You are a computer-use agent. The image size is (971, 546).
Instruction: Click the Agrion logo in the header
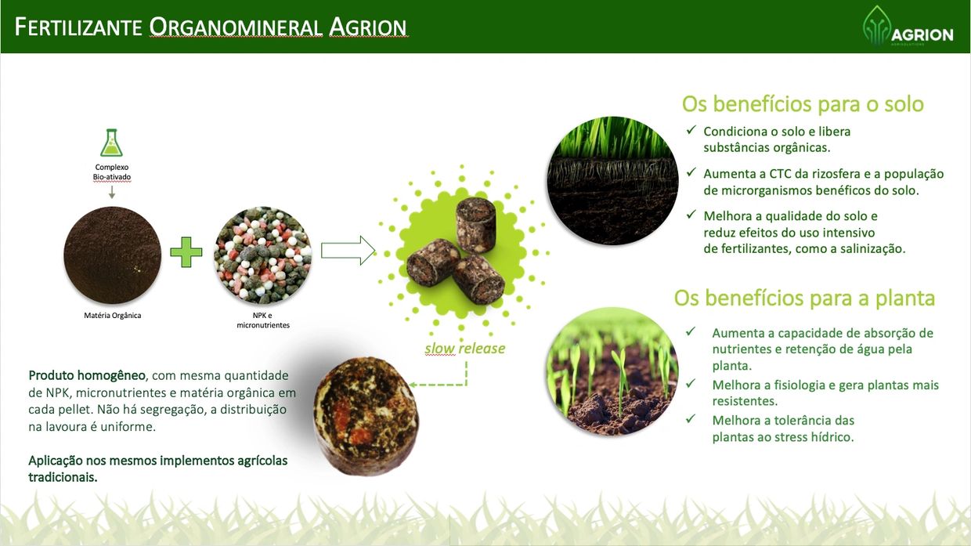(908, 26)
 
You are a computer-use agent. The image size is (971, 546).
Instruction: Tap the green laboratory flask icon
(111, 143)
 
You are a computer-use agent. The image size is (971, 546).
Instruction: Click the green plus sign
(186, 252)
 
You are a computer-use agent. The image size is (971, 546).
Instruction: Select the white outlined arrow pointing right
(348, 250)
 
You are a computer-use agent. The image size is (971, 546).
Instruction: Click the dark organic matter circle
(112, 255)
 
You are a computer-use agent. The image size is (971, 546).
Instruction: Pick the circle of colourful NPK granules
(262, 255)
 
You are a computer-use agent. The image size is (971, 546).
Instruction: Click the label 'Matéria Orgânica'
(112, 315)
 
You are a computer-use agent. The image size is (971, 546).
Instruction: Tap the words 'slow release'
(464, 349)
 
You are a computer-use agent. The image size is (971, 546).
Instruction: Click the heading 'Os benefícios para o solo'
(803, 104)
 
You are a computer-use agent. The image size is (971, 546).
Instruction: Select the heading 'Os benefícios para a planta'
(804, 298)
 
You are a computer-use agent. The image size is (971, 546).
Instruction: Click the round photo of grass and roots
(612, 181)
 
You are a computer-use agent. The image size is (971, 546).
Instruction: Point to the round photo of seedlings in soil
(612, 372)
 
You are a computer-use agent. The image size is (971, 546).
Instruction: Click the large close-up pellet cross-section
(366, 416)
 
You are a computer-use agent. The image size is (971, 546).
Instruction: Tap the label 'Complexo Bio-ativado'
(111, 172)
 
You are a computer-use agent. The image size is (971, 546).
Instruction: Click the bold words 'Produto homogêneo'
(87, 375)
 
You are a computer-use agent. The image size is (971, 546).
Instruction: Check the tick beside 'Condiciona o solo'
(691, 130)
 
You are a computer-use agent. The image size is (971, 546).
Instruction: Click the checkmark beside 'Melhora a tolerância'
(691, 418)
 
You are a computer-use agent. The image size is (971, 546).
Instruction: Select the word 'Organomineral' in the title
(236, 27)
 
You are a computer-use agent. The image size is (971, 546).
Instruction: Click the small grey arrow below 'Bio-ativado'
(112, 192)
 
